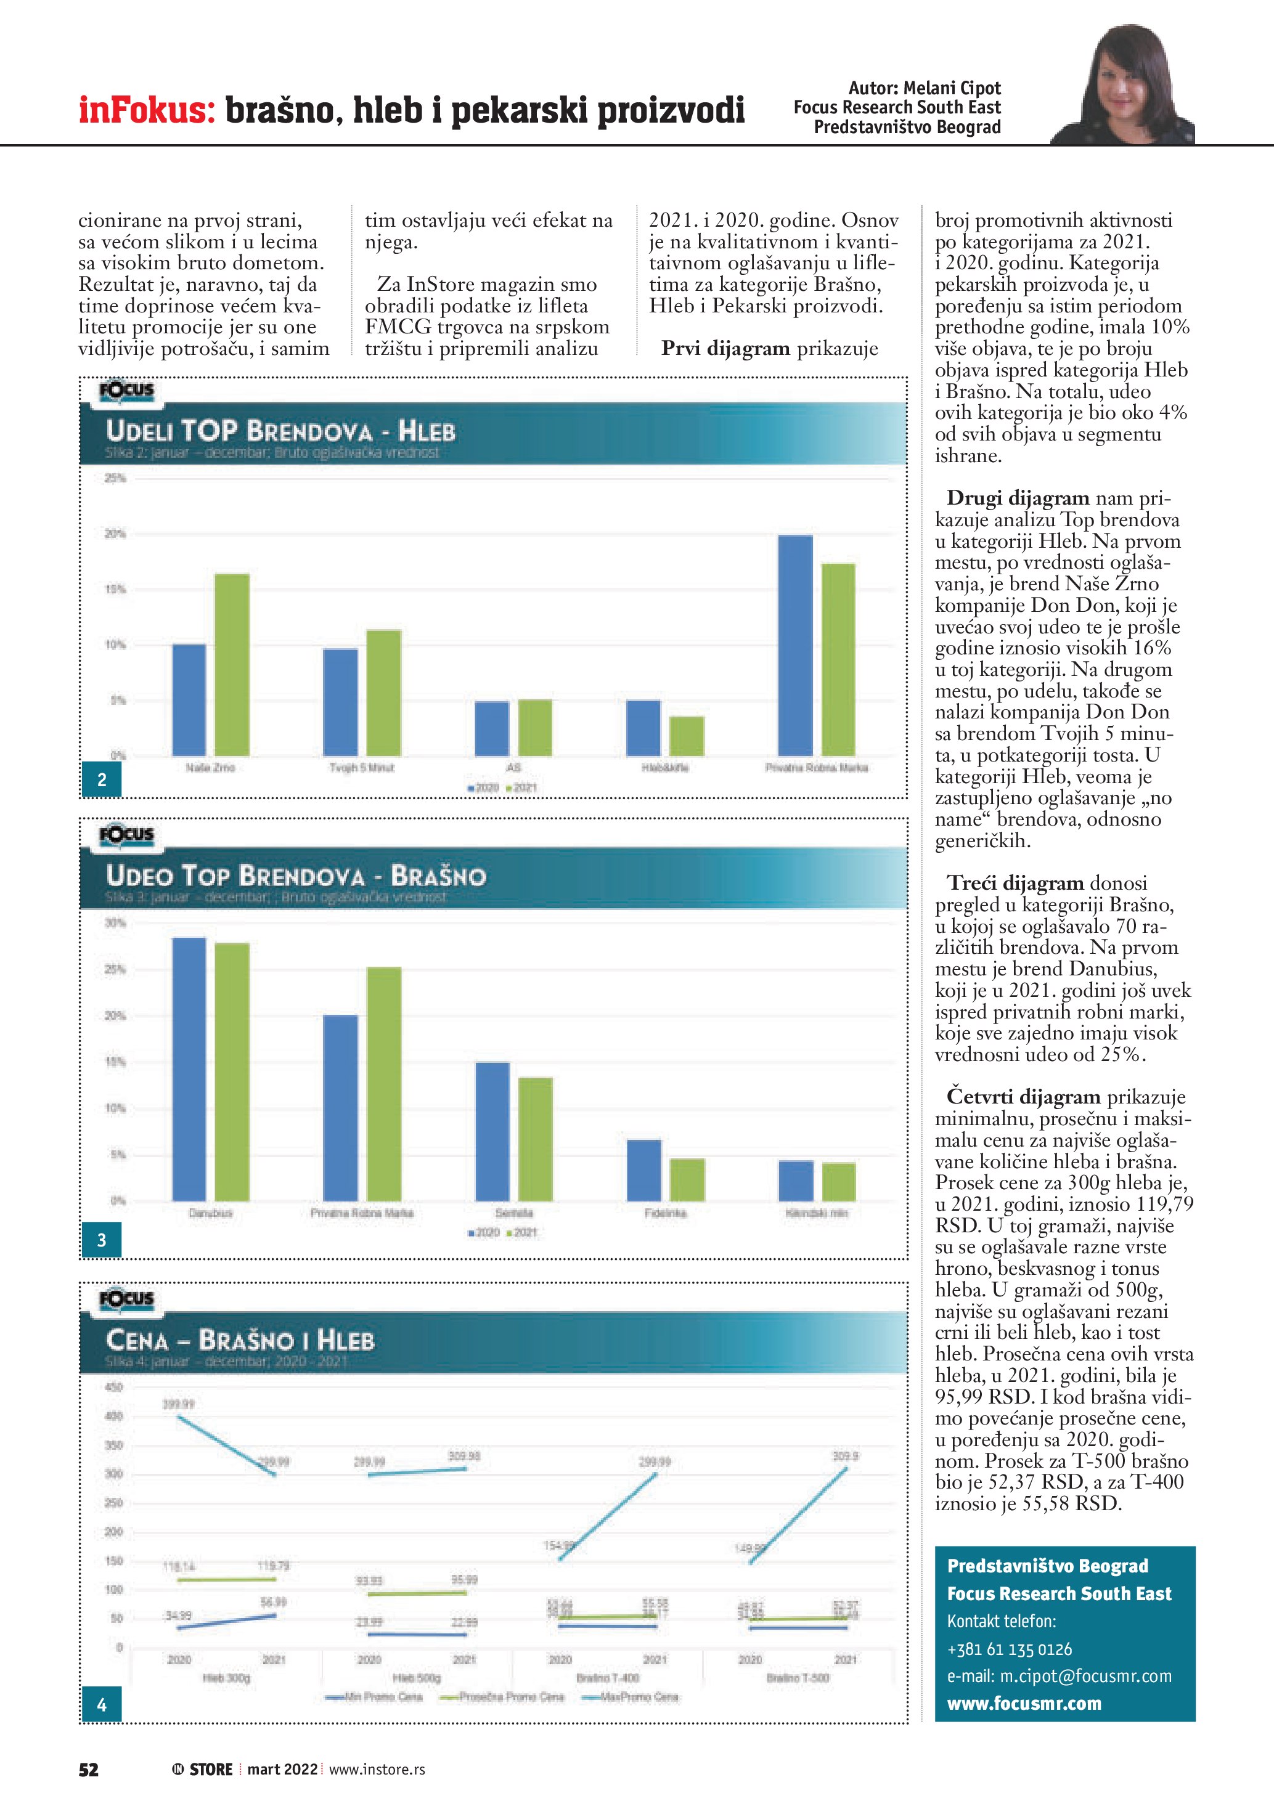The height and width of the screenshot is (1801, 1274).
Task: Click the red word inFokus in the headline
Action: click(147, 110)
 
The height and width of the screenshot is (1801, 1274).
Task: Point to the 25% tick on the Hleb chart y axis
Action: click(115, 479)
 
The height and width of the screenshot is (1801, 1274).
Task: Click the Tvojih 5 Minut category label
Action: click(362, 767)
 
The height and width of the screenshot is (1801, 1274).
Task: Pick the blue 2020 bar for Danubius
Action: click(189, 1068)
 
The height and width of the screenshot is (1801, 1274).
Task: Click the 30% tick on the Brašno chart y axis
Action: click(115, 923)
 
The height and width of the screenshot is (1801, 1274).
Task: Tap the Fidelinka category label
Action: click(665, 1213)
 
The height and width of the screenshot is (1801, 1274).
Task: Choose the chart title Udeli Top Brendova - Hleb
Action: click(280, 431)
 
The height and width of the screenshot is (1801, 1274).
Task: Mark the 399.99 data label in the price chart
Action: click(178, 1404)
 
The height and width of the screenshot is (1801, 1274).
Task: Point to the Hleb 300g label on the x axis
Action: click(227, 1678)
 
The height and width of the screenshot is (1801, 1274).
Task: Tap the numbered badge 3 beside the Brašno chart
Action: click(101, 1240)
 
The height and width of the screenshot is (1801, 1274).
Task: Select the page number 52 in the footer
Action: click(89, 1770)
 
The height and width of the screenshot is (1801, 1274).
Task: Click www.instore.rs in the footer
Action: click(377, 1770)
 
